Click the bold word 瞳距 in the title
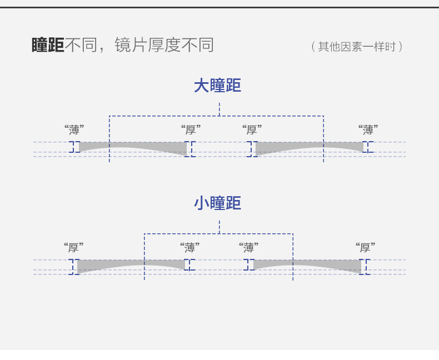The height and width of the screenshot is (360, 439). click(48, 45)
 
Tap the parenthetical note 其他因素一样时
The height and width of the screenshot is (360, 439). click(357, 47)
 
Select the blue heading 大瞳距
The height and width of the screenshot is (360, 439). click(217, 86)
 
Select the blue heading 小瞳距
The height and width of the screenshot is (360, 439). click(217, 203)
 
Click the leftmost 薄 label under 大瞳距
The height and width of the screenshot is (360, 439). click(74, 130)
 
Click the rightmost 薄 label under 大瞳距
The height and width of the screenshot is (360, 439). click(368, 130)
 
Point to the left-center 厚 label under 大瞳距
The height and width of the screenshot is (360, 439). click(191, 130)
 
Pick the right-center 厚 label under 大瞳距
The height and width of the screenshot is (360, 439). click(252, 130)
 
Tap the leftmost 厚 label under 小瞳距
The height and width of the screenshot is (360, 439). click(73, 248)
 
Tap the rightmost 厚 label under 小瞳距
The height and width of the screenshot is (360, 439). click(365, 248)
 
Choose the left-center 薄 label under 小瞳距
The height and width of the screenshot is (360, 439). click(189, 248)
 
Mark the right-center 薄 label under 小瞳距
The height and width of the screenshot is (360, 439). click(249, 248)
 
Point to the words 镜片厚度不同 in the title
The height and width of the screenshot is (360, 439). click(164, 45)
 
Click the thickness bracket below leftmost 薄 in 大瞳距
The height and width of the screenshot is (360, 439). click(72, 147)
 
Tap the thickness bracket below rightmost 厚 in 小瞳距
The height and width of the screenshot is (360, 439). click(365, 267)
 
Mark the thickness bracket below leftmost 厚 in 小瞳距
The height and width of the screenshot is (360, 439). click(73, 267)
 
